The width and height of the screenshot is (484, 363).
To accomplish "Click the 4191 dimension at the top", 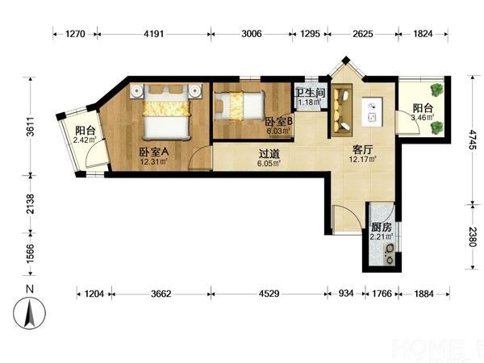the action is pos(154,33).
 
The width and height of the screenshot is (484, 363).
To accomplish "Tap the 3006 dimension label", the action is pos(251,33).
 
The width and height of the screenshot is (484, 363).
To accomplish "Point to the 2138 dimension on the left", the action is pos(31,203).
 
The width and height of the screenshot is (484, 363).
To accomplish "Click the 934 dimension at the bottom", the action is pos(346,294).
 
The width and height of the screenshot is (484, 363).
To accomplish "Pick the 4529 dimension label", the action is pos(269,294).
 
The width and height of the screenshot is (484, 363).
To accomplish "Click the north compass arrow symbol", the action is pos(29,313).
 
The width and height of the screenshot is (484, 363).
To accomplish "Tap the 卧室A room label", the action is pos(153,152).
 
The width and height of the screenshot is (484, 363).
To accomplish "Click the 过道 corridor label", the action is pos(269,153).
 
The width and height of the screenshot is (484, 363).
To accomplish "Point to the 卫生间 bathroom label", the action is pos(311,93).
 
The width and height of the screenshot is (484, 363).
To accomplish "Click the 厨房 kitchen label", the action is pos(382,227).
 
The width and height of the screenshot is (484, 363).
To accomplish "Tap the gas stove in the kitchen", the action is pos(388,254).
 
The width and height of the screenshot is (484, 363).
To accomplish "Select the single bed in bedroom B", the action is pos(240,106).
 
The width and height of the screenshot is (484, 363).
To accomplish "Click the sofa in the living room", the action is pos(342,110).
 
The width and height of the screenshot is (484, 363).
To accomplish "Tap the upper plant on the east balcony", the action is pos(436,90).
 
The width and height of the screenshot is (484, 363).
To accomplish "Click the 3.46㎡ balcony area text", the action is pos(423,117).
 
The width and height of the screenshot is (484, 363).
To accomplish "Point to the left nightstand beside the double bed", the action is pos(136,91).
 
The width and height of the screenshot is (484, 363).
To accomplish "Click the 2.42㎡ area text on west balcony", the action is pos(85,140).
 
